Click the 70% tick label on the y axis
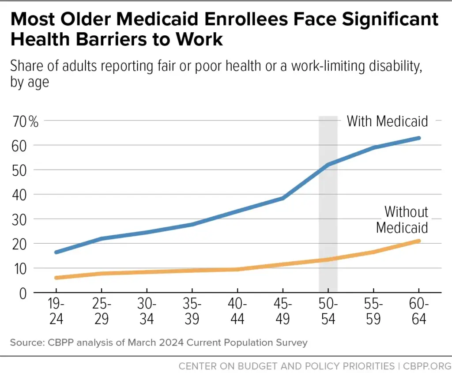[25, 121]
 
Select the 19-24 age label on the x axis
[56, 312]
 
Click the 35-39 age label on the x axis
[192, 312]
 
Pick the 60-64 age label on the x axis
[418, 312]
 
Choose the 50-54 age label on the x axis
[328, 312]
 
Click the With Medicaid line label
[387, 121]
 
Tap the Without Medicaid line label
[402, 219]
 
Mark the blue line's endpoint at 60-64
[418, 138]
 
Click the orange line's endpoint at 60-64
[418, 241]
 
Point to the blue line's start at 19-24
[56, 252]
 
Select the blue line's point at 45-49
[282, 198]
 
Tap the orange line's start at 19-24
[56, 278]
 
